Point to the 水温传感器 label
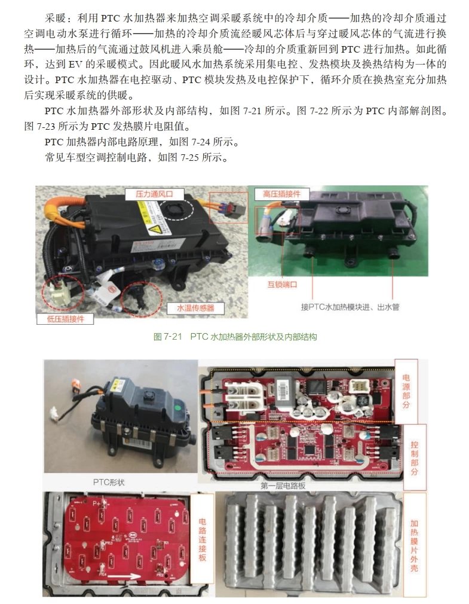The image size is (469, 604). [x=195, y=308]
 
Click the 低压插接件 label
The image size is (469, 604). [x=65, y=319]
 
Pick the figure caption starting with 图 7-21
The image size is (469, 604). [x=235, y=337]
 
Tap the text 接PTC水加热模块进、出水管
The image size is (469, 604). [x=350, y=307]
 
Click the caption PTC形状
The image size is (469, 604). [x=109, y=481]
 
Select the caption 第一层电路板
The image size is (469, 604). [x=283, y=486]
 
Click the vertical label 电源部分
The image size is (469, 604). [x=406, y=391]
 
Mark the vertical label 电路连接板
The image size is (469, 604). [x=202, y=539]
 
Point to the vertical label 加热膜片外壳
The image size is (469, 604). [x=414, y=545]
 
